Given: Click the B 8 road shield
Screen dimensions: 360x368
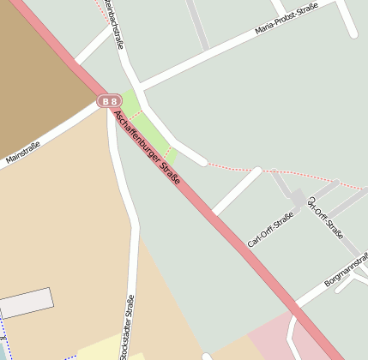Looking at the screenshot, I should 109,101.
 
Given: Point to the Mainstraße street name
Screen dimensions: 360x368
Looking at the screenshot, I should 22,152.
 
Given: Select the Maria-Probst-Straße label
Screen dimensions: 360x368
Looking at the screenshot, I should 287,20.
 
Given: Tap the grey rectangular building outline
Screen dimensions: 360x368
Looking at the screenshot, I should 26,303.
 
